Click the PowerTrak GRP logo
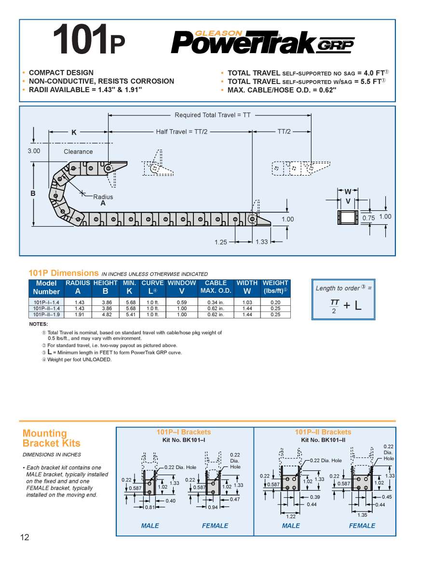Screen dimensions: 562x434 click(263, 42)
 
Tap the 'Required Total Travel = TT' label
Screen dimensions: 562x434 click(213, 115)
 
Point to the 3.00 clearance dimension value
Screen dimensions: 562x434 click(33, 151)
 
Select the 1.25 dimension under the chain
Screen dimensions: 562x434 click(221, 242)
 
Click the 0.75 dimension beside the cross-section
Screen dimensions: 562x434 click(368, 218)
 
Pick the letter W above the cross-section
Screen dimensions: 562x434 click(348, 192)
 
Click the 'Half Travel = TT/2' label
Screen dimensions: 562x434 click(181, 132)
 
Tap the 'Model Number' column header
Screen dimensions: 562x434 click(46, 288)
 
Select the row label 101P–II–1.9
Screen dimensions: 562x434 click(46, 315)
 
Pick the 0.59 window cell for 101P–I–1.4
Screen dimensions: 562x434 click(182, 302)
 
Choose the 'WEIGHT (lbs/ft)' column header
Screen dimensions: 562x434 click(275, 288)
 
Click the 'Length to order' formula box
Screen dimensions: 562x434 click(343, 299)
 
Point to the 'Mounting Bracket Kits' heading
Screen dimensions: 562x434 click(52, 438)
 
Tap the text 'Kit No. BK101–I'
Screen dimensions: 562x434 click(184, 440)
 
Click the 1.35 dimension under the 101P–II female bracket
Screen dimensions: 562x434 click(362, 515)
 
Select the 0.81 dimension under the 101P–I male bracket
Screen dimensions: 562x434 click(150, 507)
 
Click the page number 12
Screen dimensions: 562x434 click(25, 537)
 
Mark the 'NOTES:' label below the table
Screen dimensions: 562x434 click(39, 324)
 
